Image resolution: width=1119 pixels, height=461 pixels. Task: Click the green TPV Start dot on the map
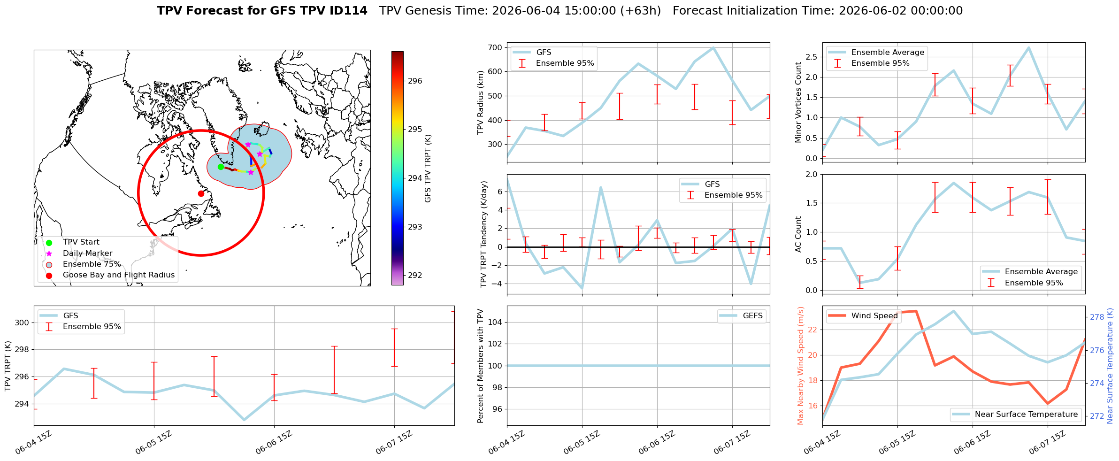point(221,167)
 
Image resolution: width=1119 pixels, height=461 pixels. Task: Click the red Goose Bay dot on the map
point(201,193)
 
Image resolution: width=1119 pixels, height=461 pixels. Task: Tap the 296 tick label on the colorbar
point(415,81)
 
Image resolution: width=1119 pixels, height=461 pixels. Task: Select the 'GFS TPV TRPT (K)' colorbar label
point(428,169)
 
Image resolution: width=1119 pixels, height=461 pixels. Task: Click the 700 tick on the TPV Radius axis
point(496,47)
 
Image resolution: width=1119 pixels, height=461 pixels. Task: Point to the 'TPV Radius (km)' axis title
point(480,102)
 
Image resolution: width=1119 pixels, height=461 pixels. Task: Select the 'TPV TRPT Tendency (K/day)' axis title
point(484,234)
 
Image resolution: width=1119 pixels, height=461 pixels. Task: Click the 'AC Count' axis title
point(798,234)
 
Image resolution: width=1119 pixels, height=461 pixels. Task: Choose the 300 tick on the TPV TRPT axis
point(22,323)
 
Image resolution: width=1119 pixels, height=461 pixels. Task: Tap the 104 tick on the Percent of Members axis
point(496,322)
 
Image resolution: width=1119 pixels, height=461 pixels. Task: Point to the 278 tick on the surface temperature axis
point(1097,317)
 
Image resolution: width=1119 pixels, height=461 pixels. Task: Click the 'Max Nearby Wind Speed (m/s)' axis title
point(800,366)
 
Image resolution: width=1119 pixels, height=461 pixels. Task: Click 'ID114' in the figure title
point(349,11)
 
